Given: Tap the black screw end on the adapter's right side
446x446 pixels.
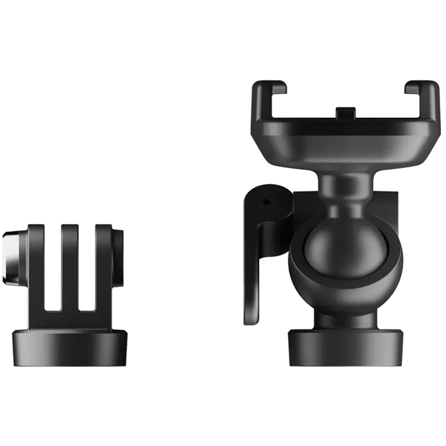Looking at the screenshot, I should point(118,258).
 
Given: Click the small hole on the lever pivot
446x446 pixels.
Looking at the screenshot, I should point(266,202).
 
